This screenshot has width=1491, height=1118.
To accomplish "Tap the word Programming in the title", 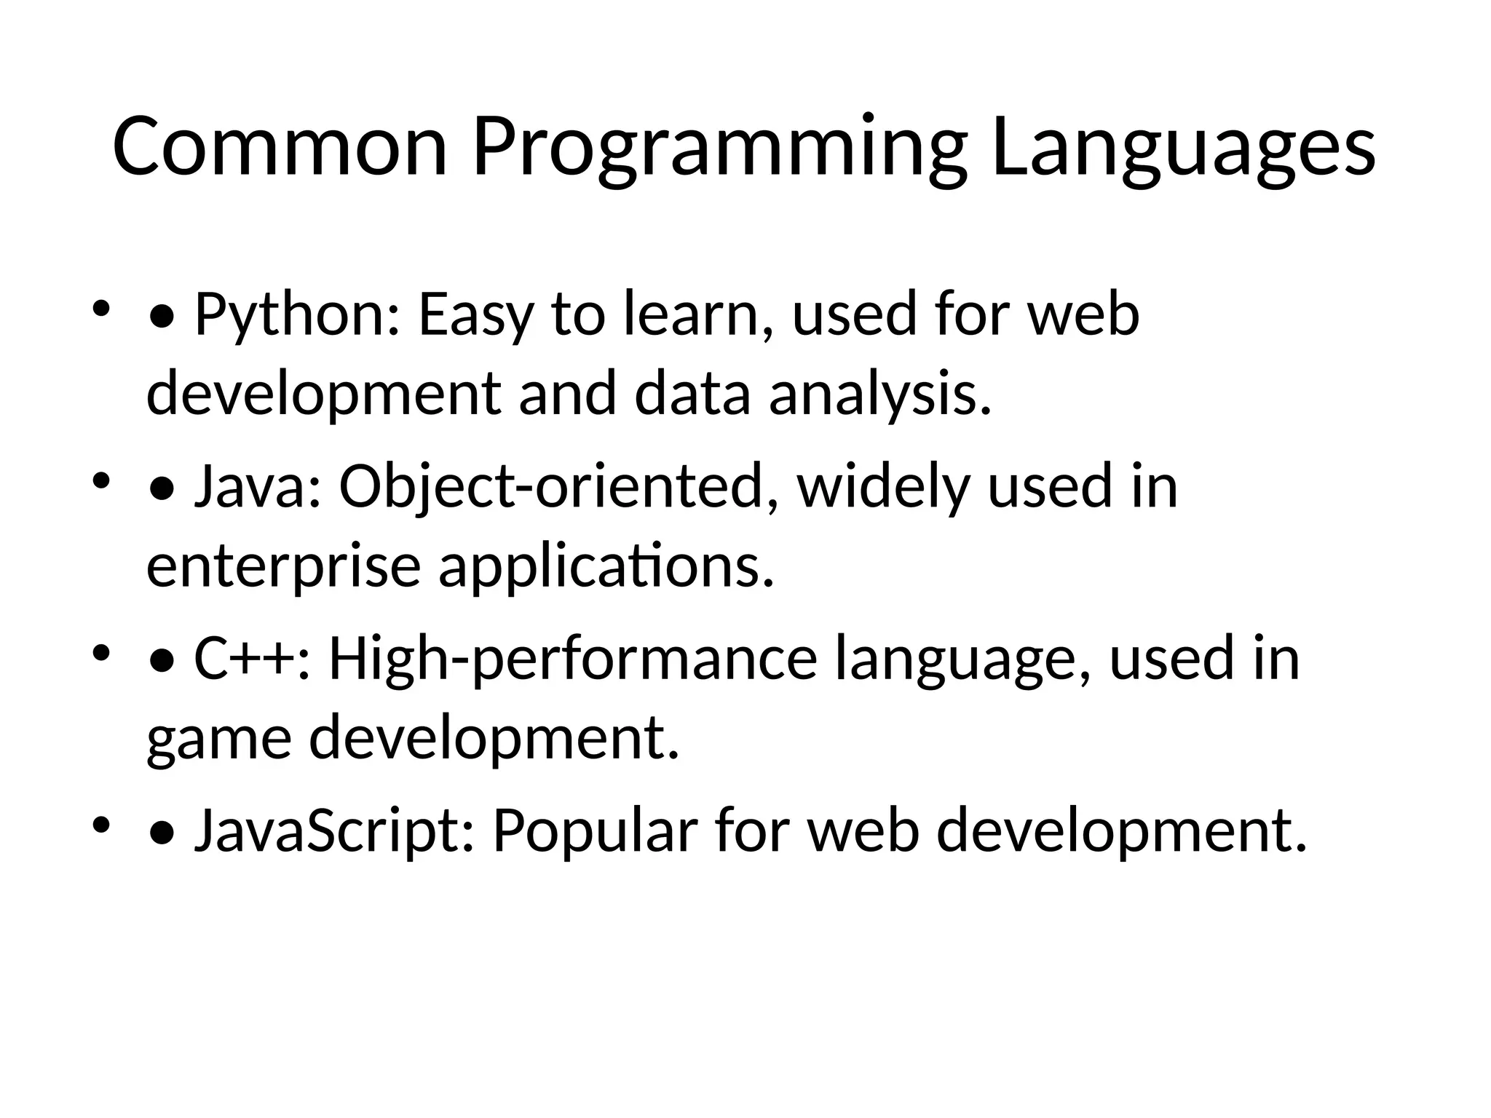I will click(719, 149).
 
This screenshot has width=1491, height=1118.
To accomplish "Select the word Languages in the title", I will click(1183, 149).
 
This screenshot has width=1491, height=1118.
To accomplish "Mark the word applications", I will click(606, 568).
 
